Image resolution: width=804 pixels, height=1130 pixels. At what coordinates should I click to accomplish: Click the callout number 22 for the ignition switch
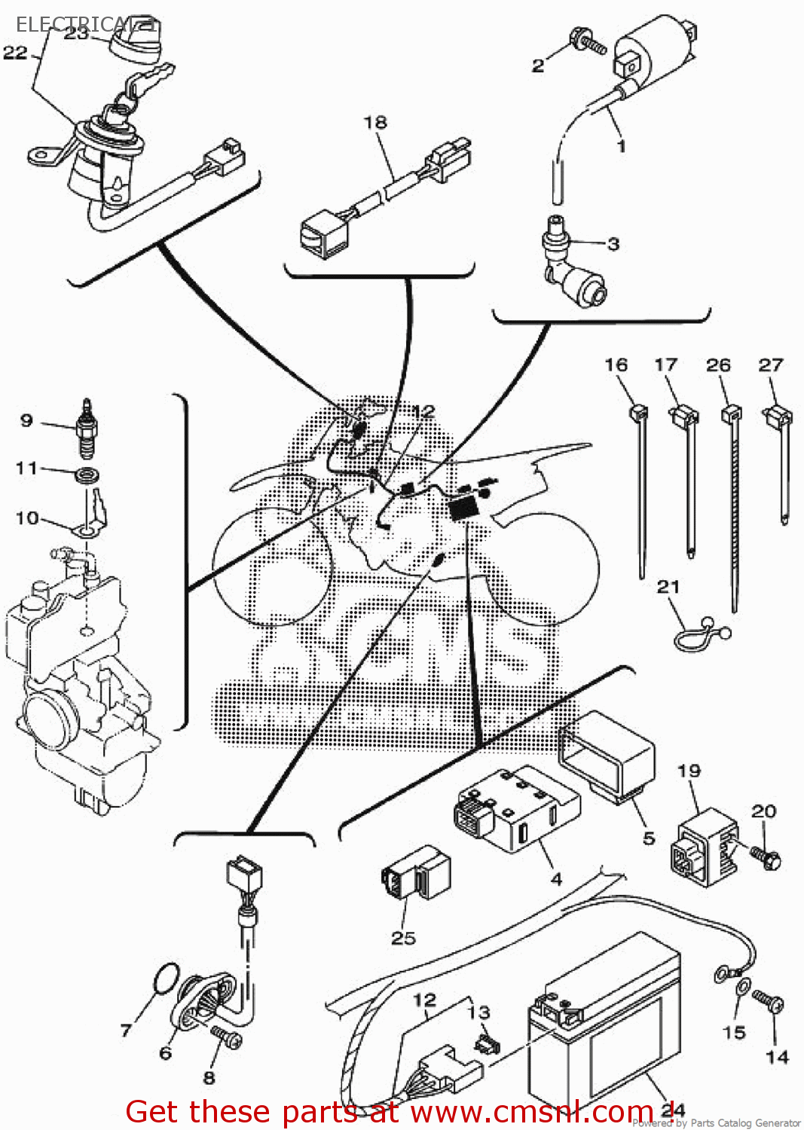coord(15,53)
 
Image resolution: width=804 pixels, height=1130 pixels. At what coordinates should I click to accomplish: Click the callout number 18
coord(375,122)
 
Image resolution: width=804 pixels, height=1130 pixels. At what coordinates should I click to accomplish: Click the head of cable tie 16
coord(637,412)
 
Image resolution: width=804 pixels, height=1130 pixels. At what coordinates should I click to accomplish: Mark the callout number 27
coord(771,365)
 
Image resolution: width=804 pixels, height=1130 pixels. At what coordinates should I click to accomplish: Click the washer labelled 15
coord(743,987)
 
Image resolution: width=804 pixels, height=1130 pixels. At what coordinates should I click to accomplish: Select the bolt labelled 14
coord(770,1002)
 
